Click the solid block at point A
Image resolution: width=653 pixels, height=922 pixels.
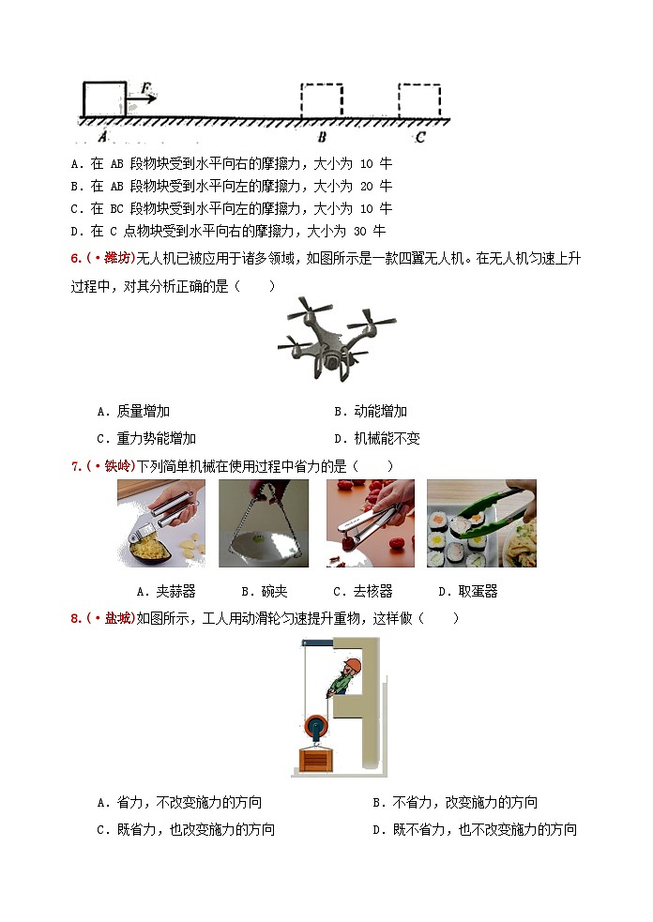click(x=103, y=99)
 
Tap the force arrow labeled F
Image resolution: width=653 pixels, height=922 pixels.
click(x=145, y=97)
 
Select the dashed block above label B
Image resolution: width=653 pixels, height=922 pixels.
click(x=321, y=100)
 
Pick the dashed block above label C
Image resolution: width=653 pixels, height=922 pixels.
click(x=418, y=100)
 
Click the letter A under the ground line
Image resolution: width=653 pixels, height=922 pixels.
click(x=101, y=136)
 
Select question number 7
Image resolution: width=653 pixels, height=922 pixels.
click(x=76, y=465)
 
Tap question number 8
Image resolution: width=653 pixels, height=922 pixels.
click(x=76, y=618)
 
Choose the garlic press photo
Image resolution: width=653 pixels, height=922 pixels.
click(x=160, y=523)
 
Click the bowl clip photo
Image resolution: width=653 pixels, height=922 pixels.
click(x=264, y=523)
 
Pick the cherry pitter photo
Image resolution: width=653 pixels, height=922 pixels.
click(x=370, y=523)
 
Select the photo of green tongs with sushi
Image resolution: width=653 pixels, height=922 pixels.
click(x=480, y=523)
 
